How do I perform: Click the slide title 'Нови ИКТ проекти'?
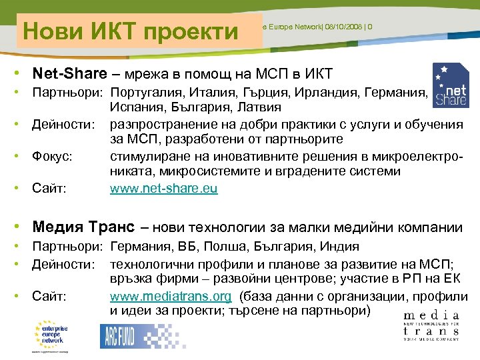click(131, 31)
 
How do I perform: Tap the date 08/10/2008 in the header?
click(340, 27)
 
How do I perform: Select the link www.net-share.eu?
click(164, 189)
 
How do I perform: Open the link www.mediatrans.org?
click(171, 296)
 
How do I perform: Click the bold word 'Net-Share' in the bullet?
click(65, 73)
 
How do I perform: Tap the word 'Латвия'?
click(257, 107)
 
